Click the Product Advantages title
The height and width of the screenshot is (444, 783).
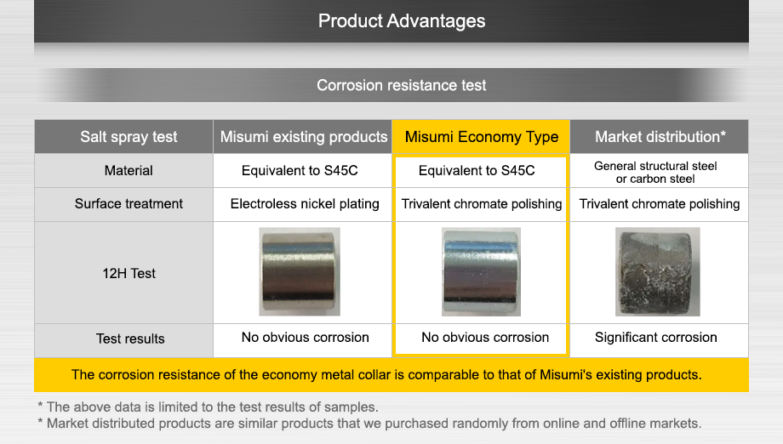tap(402, 21)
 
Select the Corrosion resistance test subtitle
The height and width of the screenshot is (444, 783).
tap(402, 85)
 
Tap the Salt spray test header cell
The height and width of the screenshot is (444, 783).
tap(129, 137)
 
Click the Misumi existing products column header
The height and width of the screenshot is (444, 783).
tap(304, 137)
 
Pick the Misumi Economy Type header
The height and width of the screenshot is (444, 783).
tap(482, 137)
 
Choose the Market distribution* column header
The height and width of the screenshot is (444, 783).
tap(660, 137)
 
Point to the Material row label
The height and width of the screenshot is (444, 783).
tap(129, 171)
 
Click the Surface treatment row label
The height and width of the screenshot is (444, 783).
tap(129, 204)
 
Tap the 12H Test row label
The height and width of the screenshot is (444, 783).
tap(130, 273)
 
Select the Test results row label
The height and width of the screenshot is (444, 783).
tap(130, 339)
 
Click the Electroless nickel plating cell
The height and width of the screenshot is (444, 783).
tap(305, 204)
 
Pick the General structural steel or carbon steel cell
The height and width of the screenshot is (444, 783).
tap(655, 172)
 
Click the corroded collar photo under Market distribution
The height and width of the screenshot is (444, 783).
tap(657, 271)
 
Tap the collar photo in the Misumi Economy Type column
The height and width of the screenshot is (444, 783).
tap(482, 271)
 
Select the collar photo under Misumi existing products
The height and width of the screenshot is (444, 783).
tap(300, 271)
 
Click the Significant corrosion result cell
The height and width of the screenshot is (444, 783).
tap(656, 338)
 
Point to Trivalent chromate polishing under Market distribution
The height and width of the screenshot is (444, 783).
tap(660, 204)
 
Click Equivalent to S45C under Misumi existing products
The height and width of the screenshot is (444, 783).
tap(300, 171)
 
